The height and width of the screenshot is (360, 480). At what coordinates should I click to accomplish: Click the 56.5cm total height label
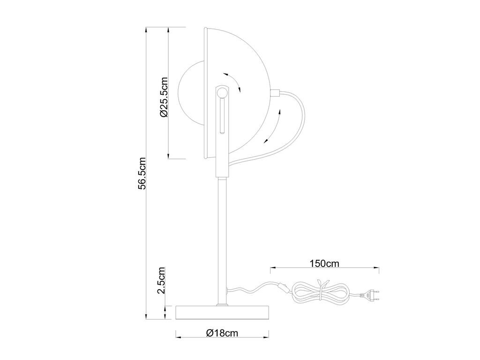coord(142,173)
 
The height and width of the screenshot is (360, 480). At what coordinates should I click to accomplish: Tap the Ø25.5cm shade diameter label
coord(164,97)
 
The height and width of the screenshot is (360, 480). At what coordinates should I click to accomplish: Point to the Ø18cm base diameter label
coord(222,332)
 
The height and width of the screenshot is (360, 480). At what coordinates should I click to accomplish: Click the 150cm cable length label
coord(324,263)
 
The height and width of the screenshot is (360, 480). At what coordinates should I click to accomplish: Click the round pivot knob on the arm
coord(222,92)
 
